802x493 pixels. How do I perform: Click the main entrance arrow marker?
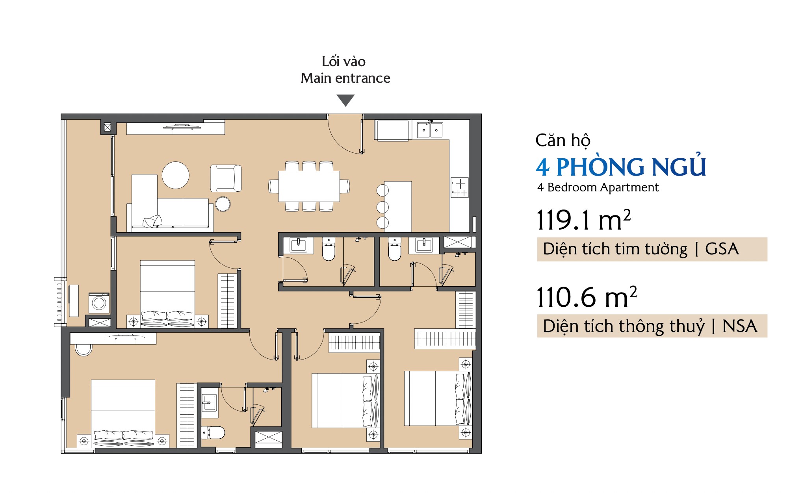(346, 100)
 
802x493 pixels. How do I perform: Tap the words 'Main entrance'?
(345, 78)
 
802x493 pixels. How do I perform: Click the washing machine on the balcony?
(99, 303)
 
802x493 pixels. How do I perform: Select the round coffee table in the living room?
(176, 175)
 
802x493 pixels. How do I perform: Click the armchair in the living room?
(226, 178)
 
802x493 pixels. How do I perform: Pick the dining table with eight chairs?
(309, 186)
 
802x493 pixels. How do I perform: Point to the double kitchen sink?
(430, 130)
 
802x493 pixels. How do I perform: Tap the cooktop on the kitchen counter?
(460, 187)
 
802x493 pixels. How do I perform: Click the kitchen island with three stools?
(397, 206)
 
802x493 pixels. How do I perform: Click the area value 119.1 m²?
(584, 220)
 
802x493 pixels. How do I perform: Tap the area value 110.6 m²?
(587, 297)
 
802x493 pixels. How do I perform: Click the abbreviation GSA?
(722, 249)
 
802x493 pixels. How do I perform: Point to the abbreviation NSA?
(739, 326)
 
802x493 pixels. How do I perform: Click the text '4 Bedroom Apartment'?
(598, 187)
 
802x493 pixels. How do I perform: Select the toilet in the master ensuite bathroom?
(213, 432)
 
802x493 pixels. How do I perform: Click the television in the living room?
(182, 127)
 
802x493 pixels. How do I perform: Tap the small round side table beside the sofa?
(223, 204)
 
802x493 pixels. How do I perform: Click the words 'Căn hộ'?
(563, 141)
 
